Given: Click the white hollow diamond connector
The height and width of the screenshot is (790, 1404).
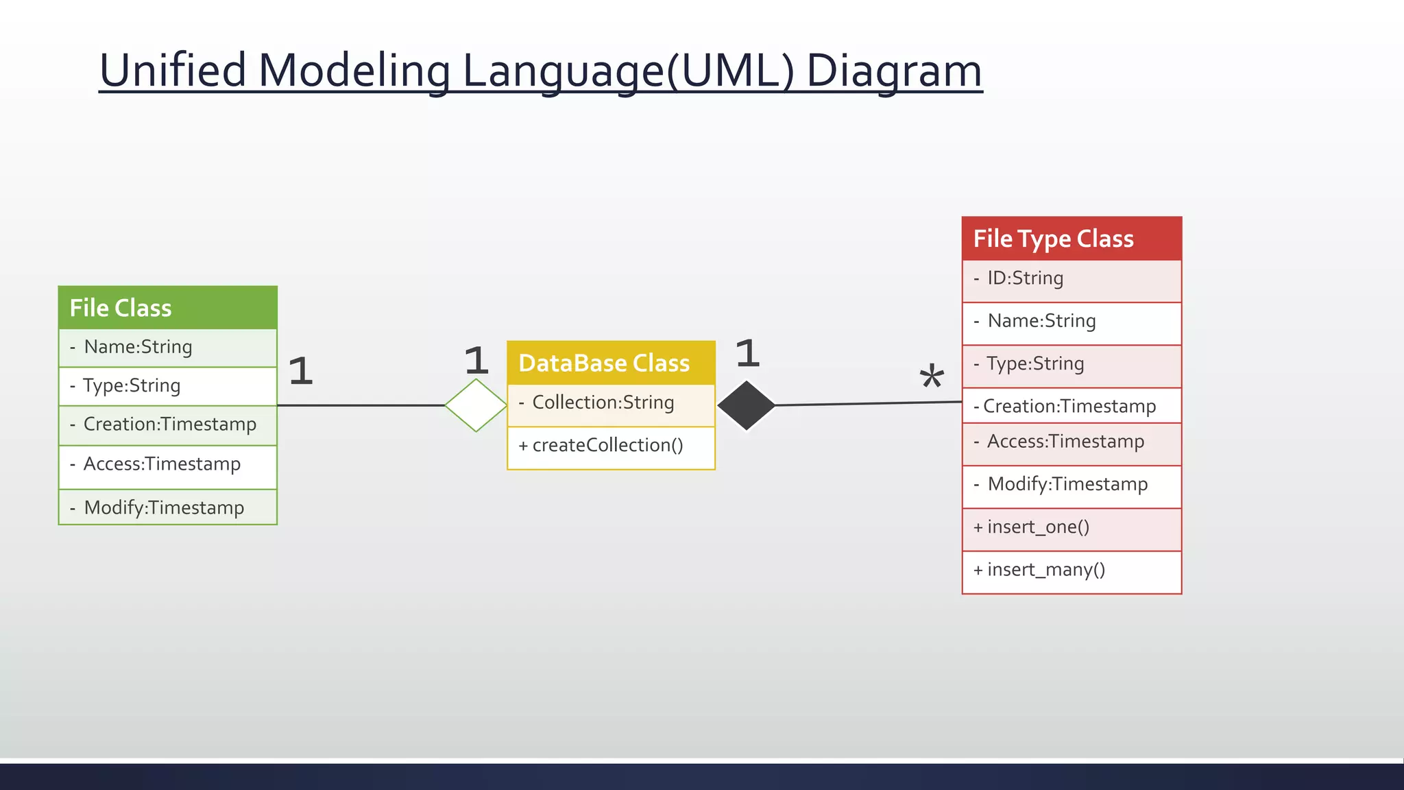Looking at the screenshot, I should (x=476, y=405).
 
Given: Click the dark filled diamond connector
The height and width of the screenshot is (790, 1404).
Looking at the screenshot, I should (x=747, y=405).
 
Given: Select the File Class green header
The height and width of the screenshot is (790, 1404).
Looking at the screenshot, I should (x=168, y=308).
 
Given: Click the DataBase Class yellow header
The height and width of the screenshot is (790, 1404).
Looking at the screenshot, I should (x=611, y=363).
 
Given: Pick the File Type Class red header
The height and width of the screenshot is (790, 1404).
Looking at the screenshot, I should (x=1072, y=239).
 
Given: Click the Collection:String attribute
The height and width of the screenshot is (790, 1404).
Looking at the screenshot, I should (x=603, y=403).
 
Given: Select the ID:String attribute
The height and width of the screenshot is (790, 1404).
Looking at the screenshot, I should (x=1025, y=278).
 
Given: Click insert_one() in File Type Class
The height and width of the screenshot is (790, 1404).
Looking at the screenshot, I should (x=1038, y=527).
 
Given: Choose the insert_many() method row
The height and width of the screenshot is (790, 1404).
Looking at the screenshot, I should (x=1045, y=570).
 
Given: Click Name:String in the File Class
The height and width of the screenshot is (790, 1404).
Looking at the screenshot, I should (x=138, y=347).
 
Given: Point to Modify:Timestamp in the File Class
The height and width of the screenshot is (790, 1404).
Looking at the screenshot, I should (x=164, y=508).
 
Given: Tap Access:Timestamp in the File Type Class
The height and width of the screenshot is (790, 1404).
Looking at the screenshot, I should (x=1065, y=442).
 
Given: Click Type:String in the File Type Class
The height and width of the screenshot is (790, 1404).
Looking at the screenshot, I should (x=1035, y=364).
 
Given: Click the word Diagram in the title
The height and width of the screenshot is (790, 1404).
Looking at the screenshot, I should (x=894, y=71).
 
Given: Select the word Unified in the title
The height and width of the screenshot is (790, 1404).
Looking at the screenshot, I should (x=173, y=71).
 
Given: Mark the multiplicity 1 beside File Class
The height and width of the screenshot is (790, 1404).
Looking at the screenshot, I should (x=300, y=371).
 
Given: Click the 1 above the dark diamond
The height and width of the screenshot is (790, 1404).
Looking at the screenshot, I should (x=747, y=354).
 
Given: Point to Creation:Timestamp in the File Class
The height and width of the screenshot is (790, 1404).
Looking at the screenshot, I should (x=169, y=424).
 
